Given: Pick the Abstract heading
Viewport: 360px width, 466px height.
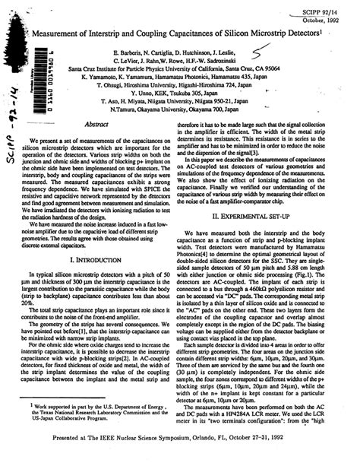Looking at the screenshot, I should point(100,123).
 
